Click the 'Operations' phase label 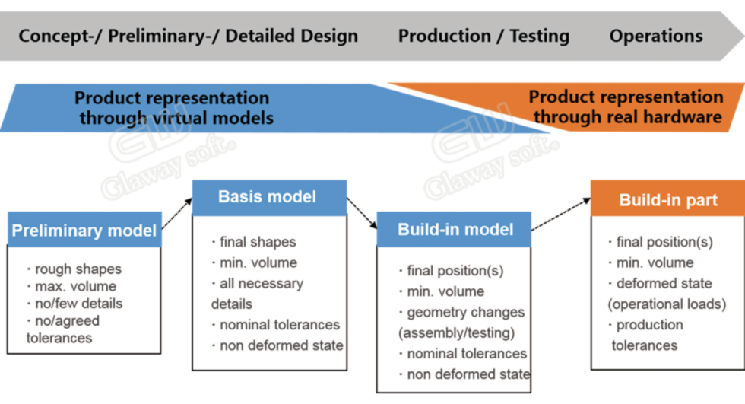pos(655,36)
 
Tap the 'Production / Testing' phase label pos(483,36)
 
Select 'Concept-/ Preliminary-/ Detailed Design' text pos(189,36)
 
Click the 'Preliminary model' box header pos(84,230)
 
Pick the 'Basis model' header pos(269,197)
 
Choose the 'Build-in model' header pos(454,230)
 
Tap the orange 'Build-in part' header pos(667,199)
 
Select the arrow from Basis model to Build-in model pos(362,213)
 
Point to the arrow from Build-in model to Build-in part pos(561,215)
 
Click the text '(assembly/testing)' pos(457,332)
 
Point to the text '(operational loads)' pos(667,304)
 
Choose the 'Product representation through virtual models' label pos(174,108)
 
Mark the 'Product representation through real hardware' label pos(626,107)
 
